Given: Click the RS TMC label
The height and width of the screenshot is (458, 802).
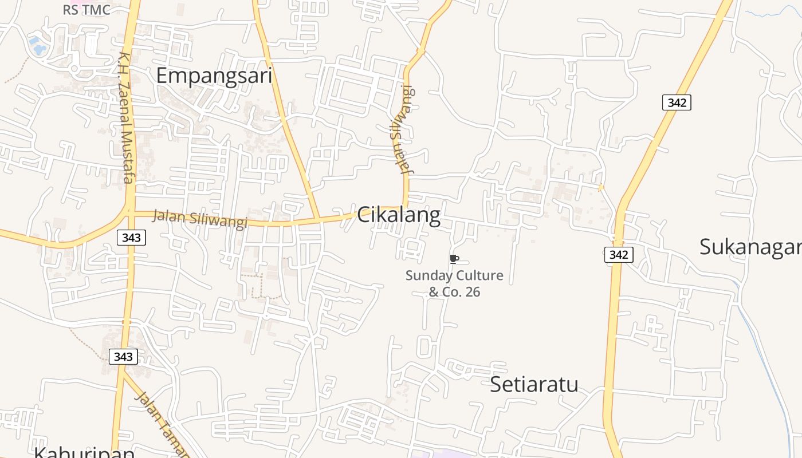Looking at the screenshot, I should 87,10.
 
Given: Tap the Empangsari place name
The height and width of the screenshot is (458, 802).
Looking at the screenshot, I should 214,76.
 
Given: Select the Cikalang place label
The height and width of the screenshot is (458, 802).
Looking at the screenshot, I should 399,215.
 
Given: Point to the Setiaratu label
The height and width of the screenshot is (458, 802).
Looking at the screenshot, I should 534,384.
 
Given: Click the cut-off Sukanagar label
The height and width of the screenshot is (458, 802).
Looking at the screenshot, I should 750,247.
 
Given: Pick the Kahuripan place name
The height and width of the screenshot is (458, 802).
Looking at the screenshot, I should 84,451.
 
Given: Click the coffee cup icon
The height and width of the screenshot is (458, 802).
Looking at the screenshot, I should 454,259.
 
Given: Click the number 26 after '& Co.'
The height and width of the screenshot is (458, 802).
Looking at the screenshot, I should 473,292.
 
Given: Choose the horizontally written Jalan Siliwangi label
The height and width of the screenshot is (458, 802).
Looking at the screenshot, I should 199,219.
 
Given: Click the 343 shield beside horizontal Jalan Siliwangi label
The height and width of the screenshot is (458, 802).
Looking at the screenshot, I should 131,237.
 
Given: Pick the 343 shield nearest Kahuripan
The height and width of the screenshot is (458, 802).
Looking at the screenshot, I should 123,357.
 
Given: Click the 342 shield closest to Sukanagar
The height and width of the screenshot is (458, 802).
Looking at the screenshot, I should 619,255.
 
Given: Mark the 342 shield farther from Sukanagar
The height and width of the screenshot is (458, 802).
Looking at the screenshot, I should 677,102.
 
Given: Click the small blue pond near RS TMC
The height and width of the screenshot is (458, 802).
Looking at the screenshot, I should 38,46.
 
